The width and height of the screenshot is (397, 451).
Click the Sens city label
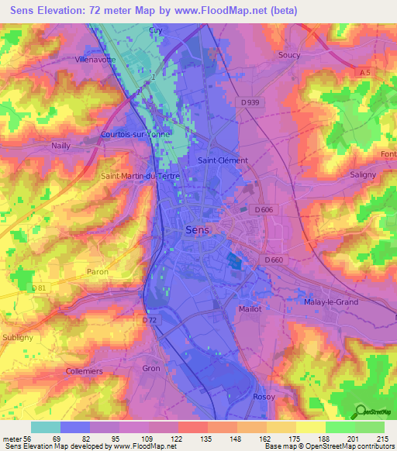point(198,230)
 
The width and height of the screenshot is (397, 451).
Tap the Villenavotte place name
point(96,59)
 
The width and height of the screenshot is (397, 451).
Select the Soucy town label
point(289,55)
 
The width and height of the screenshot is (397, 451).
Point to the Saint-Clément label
point(223,160)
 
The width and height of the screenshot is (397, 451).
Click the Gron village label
point(151,368)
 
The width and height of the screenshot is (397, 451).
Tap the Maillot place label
point(250,308)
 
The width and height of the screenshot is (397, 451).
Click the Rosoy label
point(264,396)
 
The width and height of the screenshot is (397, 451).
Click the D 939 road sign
point(250,102)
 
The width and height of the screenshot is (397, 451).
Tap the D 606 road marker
point(264,210)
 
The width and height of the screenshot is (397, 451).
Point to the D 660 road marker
point(274,260)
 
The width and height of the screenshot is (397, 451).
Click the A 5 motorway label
point(364,71)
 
